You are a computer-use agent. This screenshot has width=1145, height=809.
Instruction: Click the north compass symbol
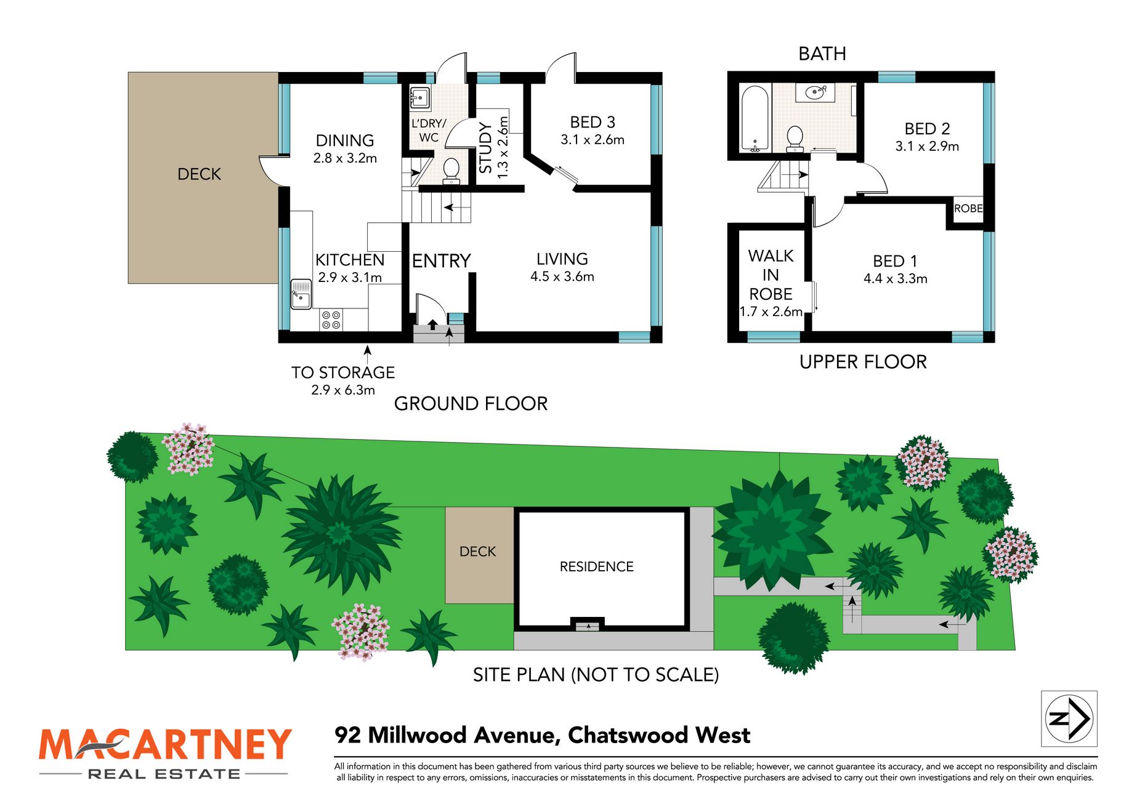tap(1069, 718)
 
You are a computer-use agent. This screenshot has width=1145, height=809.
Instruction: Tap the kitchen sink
tap(301, 294)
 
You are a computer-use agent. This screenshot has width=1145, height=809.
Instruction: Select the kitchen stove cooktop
tap(331, 320)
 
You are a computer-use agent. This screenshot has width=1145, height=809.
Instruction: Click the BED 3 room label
tap(593, 122)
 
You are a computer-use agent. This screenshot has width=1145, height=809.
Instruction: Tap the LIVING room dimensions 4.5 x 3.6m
tap(562, 276)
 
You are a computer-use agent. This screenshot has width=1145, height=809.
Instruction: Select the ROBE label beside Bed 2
tap(968, 209)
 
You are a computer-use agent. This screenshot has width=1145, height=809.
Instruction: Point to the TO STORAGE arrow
tap(368, 355)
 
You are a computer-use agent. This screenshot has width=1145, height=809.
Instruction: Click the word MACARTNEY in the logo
tap(165, 745)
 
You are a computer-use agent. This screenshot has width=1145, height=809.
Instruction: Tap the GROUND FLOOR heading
tap(471, 404)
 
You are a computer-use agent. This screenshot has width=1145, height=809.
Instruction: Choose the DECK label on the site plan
tap(478, 552)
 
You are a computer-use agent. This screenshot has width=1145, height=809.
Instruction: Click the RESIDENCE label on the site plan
tap(596, 566)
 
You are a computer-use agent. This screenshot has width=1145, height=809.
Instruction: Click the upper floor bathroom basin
tap(815, 93)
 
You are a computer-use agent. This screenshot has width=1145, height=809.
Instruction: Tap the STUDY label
tap(486, 148)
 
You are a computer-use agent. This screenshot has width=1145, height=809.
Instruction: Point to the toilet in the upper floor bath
tap(795, 139)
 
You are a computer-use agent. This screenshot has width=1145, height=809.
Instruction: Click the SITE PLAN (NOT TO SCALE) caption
tap(596, 675)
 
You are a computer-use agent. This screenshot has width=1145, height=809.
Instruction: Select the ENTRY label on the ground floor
tap(441, 261)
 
